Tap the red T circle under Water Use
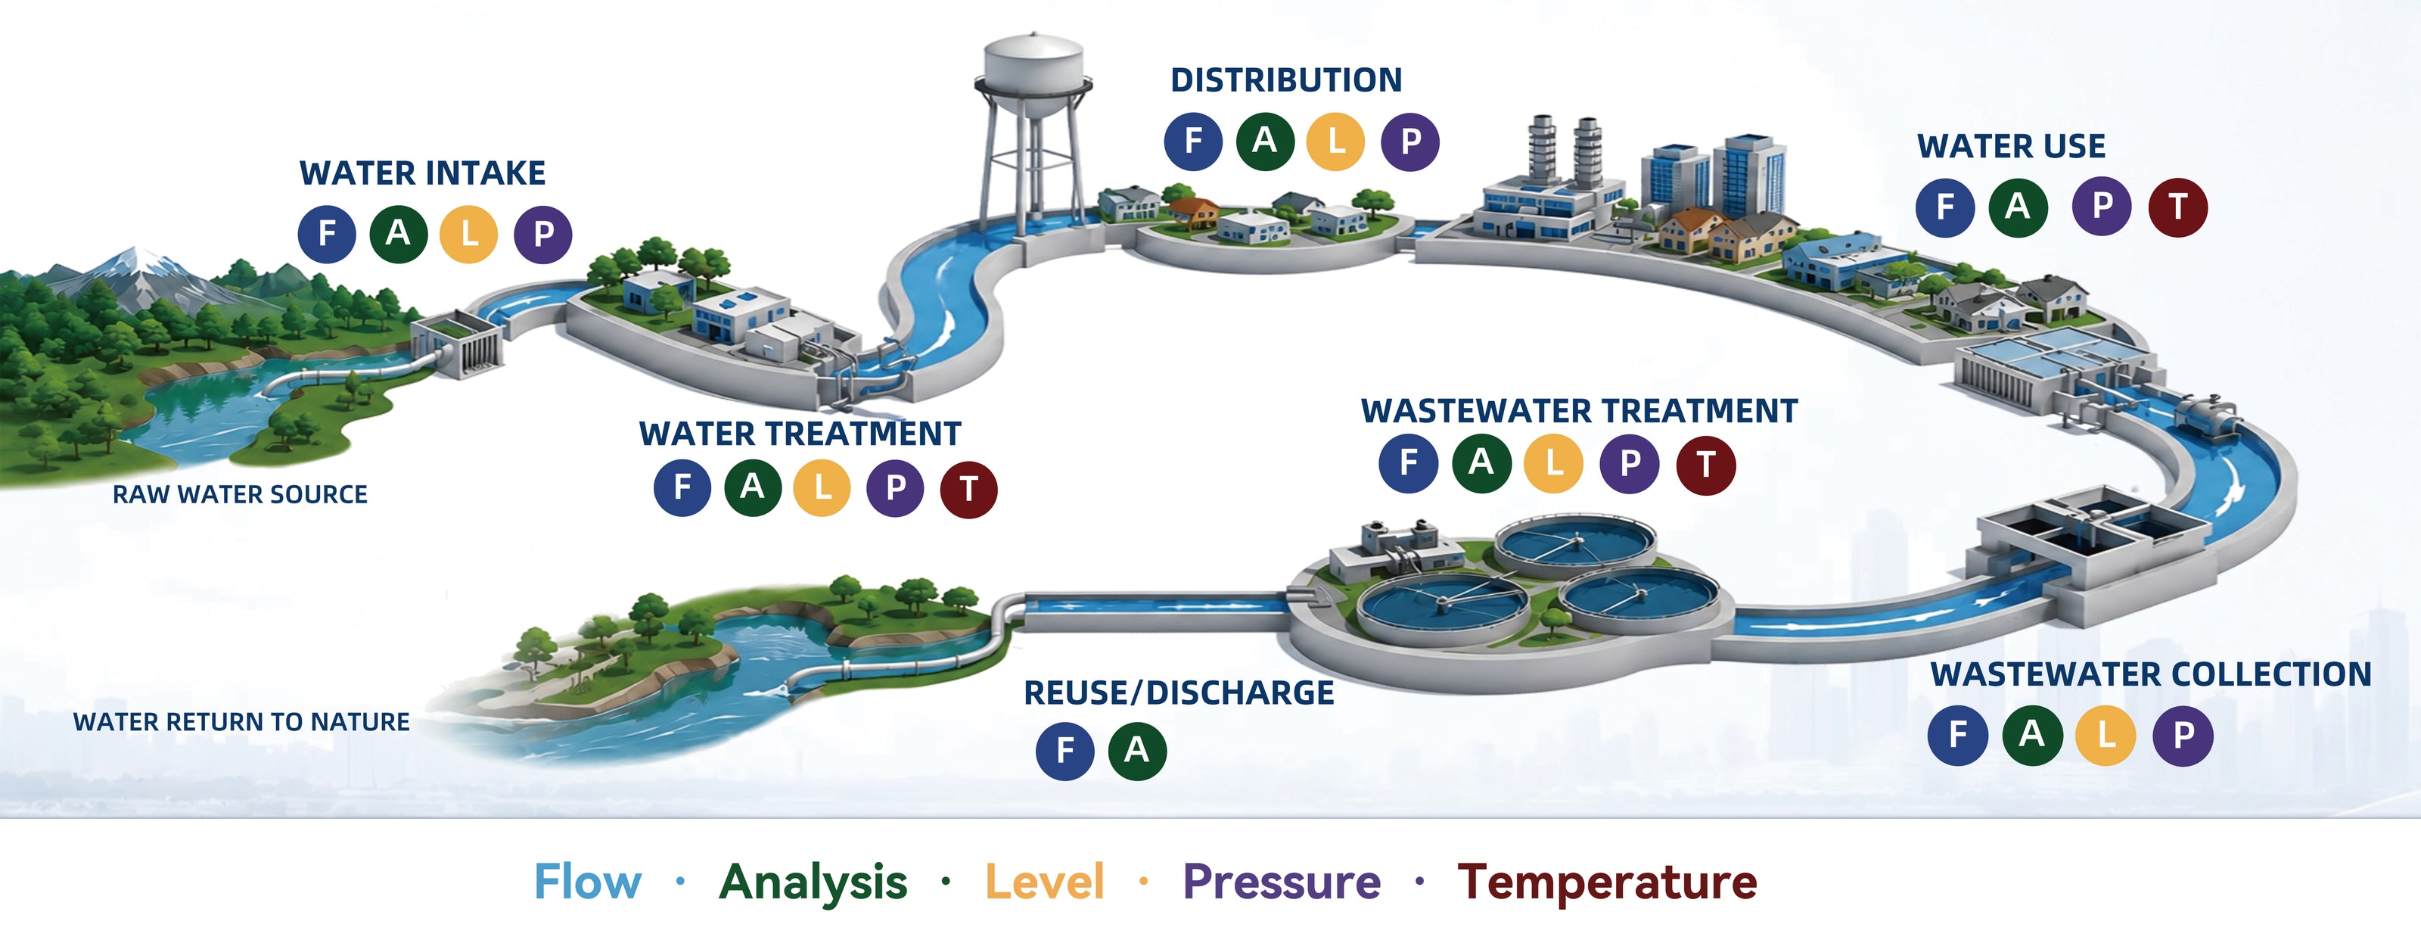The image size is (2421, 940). point(2177,207)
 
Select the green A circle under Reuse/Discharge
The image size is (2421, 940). point(1137,750)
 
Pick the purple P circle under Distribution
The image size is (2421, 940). point(1409,141)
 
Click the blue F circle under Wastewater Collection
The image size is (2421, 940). point(1958,735)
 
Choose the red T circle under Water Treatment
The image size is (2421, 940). point(968,489)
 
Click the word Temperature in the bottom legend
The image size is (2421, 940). point(1607,882)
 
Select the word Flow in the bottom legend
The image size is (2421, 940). point(589,882)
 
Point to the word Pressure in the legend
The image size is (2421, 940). point(1282,883)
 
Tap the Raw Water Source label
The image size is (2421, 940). point(241,494)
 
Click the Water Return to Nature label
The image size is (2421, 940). point(241,722)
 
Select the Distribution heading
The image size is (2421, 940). point(1285,80)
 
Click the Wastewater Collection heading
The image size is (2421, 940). point(2151,674)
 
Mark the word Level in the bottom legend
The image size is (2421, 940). point(1044,882)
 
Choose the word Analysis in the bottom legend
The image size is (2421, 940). point(814,883)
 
